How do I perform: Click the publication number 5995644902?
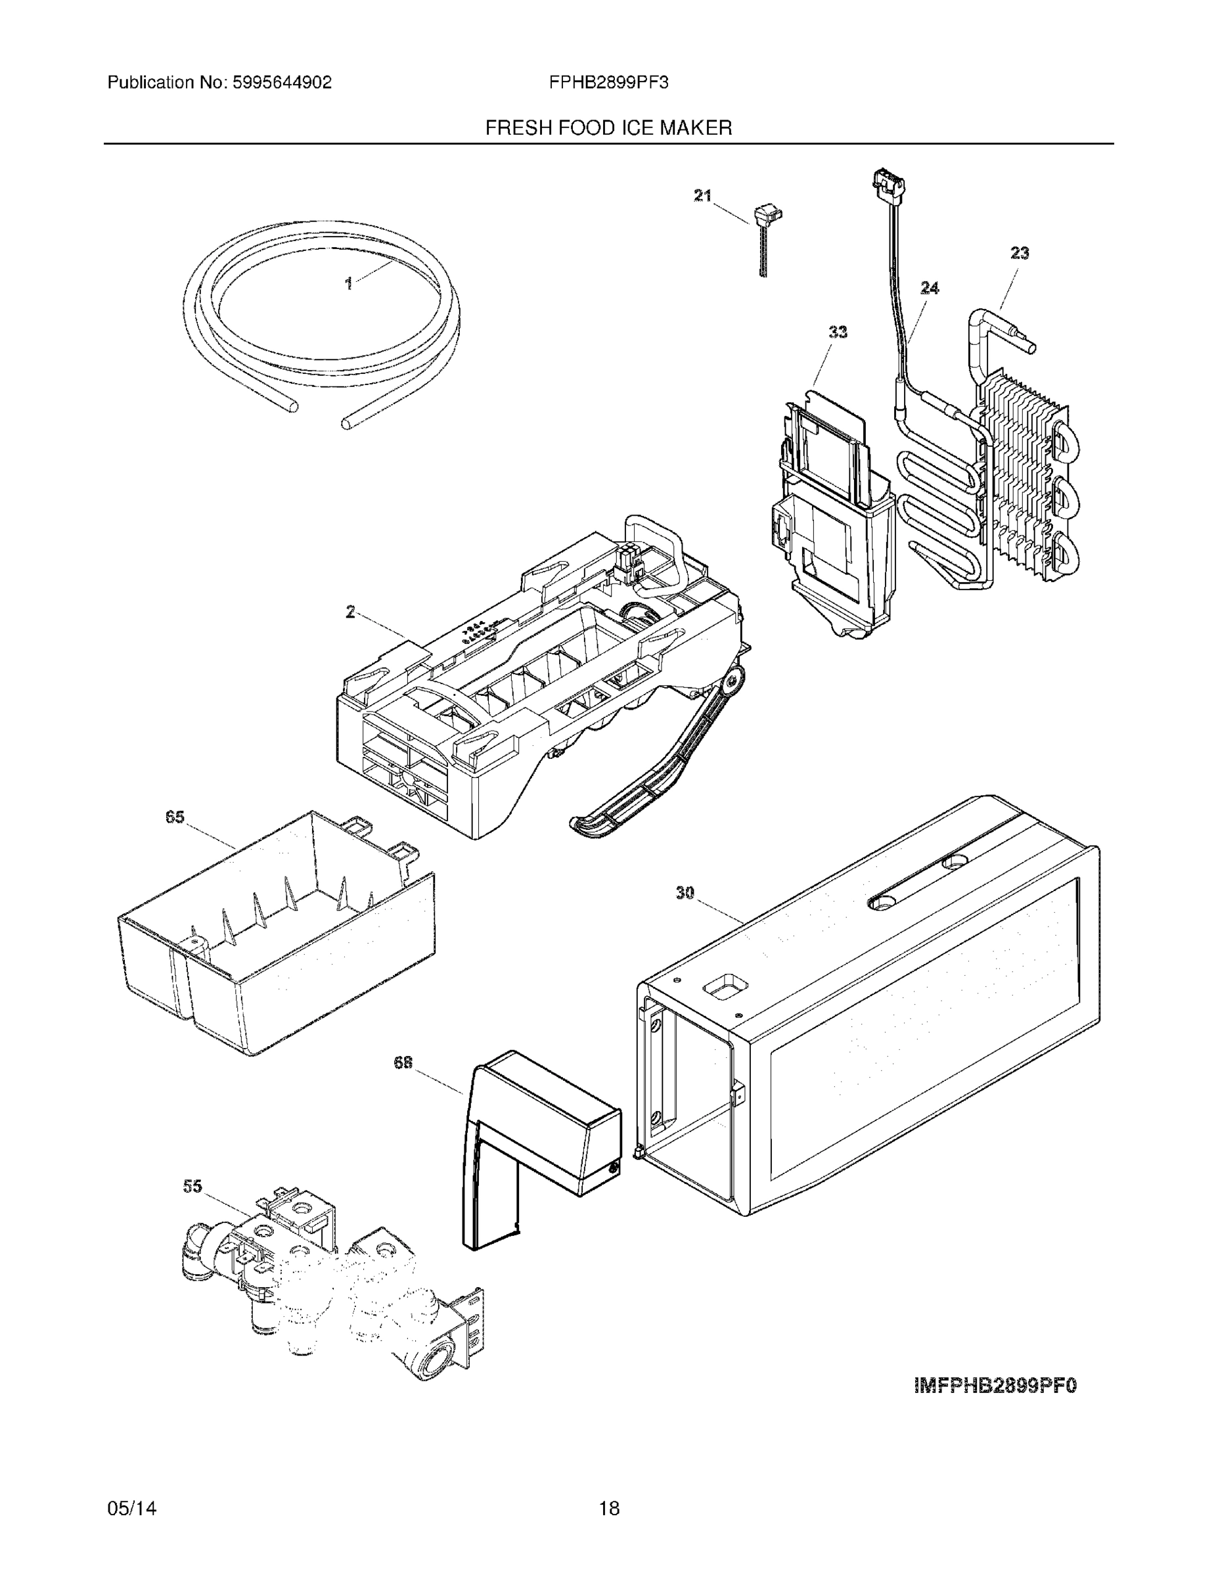pyautogui.click(x=282, y=82)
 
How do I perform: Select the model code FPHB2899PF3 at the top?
pyautogui.click(x=608, y=82)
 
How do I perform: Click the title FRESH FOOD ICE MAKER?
pyautogui.click(x=608, y=128)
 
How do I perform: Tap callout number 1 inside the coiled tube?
pyautogui.click(x=349, y=284)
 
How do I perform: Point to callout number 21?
pyautogui.click(x=702, y=195)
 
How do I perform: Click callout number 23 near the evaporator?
pyautogui.click(x=1019, y=253)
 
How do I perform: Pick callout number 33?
pyautogui.click(x=837, y=331)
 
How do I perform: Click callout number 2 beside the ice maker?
pyautogui.click(x=350, y=612)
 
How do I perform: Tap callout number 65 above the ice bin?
pyautogui.click(x=175, y=817)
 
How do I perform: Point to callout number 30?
pyautogui.click(x=685, y=892)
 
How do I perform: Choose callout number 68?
pyautogui.click(x=403, y=1062)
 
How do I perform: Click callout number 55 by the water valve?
pyautogui.click(x=192, y=1186)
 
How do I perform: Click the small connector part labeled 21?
pyautogui.click(x=767, y=215)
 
